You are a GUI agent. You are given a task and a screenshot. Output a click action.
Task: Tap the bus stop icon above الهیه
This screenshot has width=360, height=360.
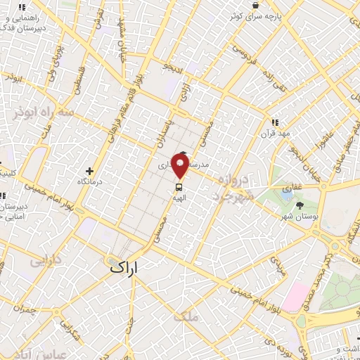179,187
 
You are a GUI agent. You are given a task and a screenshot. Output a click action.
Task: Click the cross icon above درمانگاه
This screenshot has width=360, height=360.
89,171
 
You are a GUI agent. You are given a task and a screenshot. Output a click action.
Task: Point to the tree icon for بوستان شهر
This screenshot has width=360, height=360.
301,205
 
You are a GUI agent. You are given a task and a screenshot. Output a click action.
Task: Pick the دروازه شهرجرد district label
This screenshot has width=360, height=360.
230,187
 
